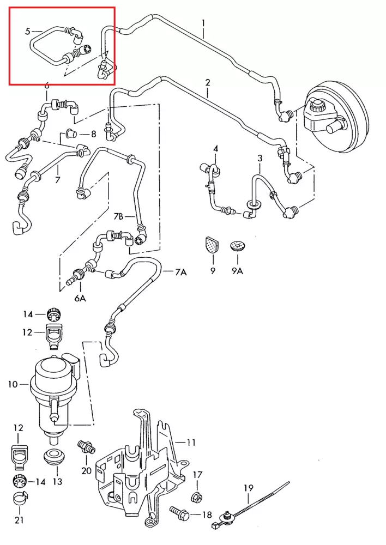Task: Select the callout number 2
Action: tap(208, 83)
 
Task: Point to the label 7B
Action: tap(119, 216)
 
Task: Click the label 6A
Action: tap(80, 298)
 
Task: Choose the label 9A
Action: tap(238, 271)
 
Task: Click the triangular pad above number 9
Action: tap(211, 244)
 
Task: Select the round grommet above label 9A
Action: tap(238, 245)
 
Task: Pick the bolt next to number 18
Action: tap(179, 512)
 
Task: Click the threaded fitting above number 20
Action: tap(86, 447)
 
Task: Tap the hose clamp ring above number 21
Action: tap(21, 499)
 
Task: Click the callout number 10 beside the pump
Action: tap(13, 384)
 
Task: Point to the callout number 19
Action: tap(248, 488)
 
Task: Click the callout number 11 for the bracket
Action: tap(191, 443)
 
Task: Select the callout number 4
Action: tap(215, 149)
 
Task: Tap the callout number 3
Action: tap(260, 159)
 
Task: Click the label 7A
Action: tap(181, 272)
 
